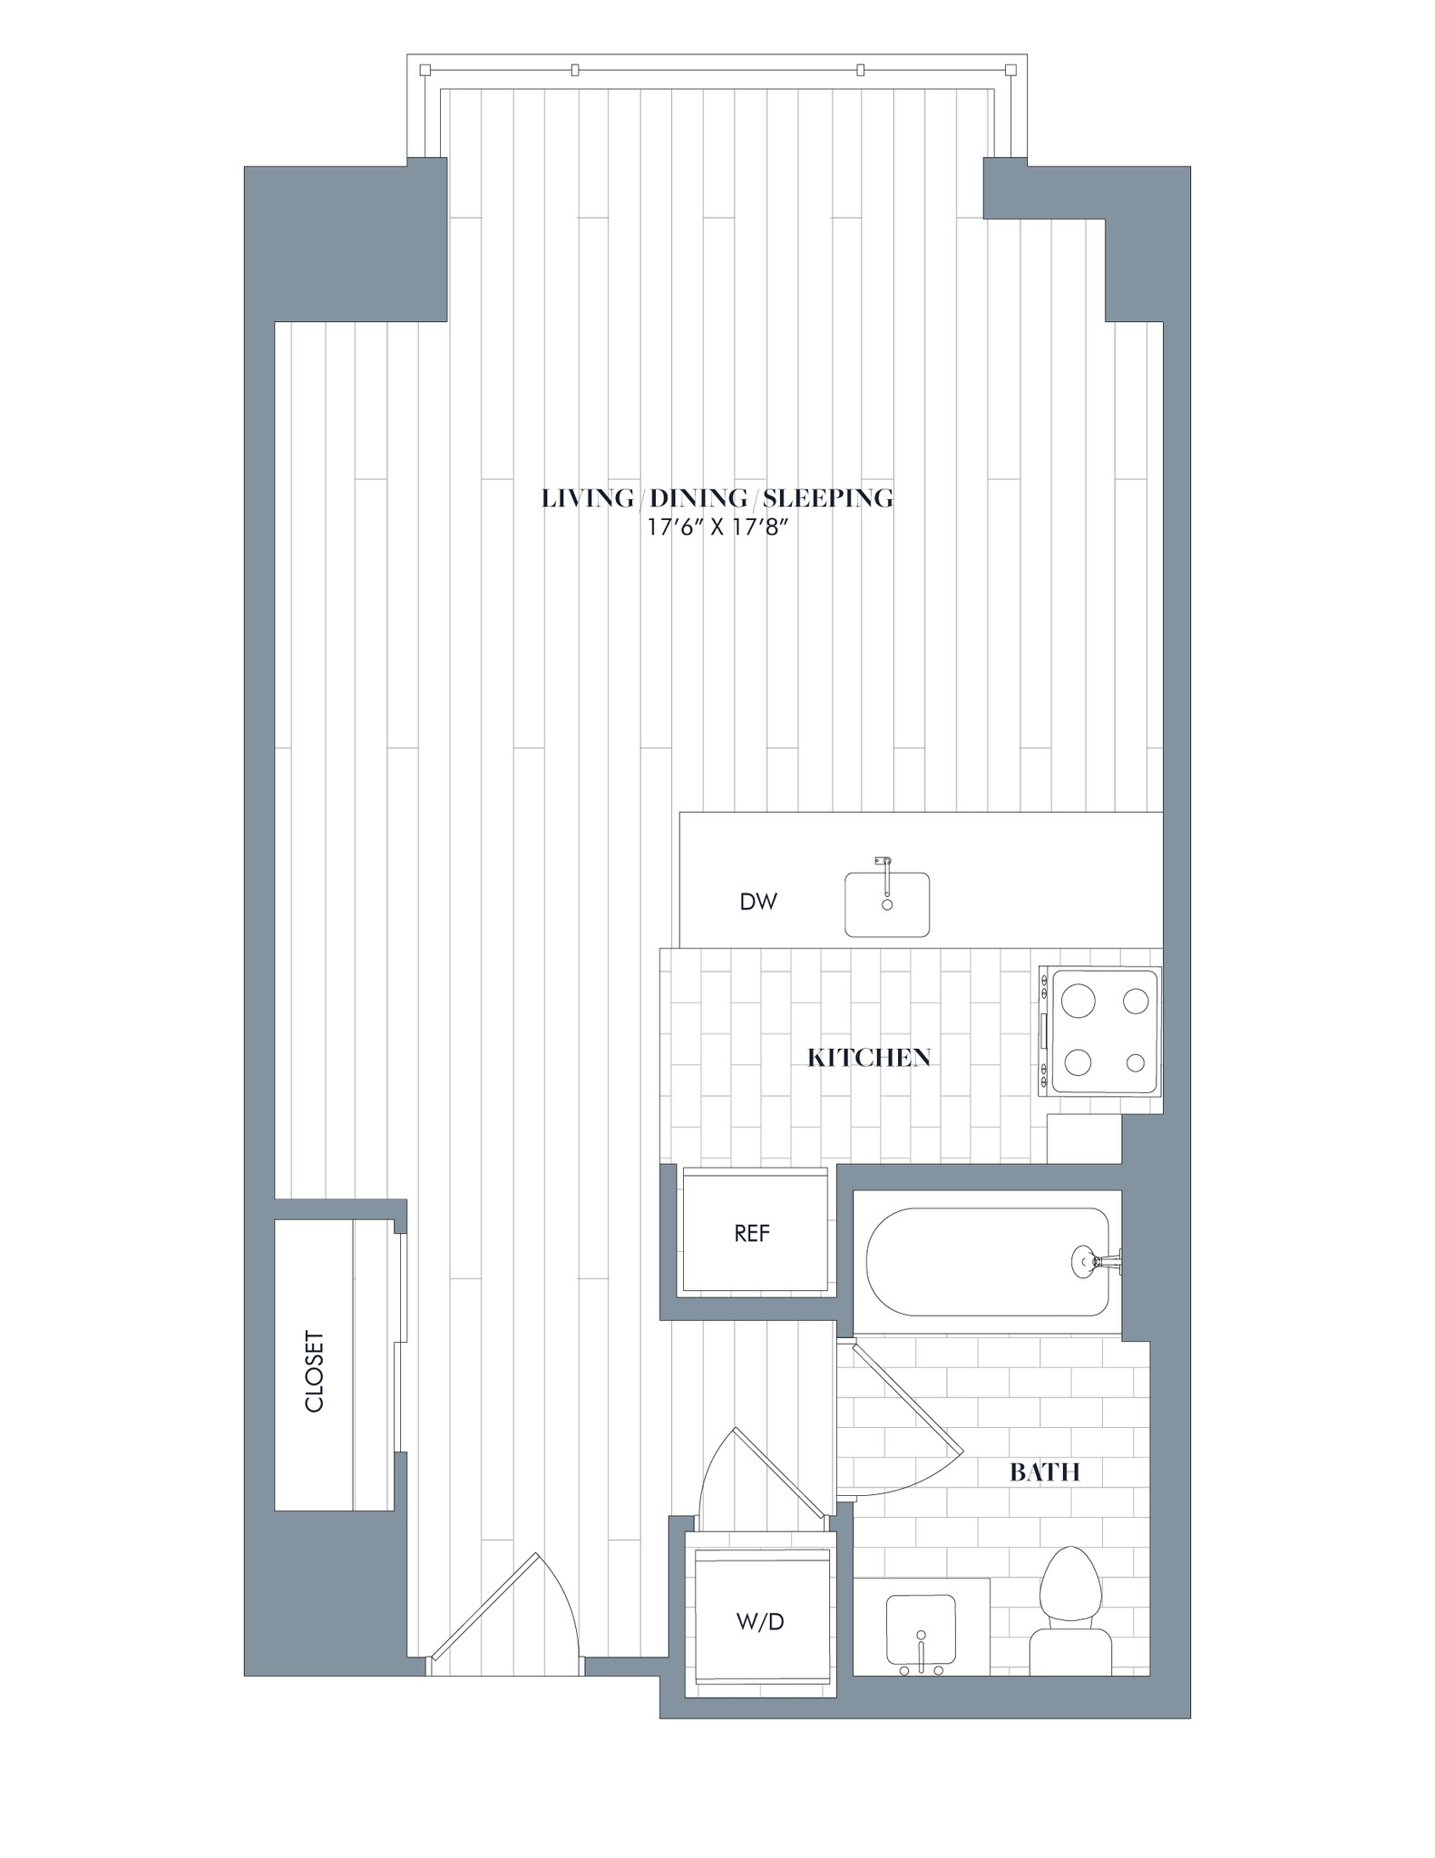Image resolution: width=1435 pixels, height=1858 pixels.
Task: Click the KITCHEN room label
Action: (869, 1058)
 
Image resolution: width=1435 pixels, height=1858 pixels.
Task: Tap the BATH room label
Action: (1044, 1472)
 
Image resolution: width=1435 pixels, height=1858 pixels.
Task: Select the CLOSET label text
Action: (314, 1371)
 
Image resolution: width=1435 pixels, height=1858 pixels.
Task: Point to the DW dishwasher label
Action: (758, 902)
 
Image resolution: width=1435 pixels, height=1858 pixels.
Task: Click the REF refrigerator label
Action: (752, 1233)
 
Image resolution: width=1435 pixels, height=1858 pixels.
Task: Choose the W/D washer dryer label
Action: (760, 1621)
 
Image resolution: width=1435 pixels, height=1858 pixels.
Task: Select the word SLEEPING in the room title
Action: (827, 498)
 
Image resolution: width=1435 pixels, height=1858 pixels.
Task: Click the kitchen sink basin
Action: (887, 905)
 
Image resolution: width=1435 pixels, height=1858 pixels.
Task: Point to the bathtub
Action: (987, 1262)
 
